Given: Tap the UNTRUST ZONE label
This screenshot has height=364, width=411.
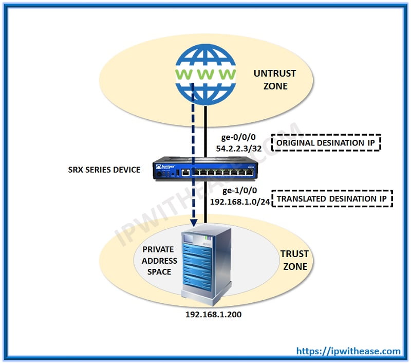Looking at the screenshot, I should click(274, 80).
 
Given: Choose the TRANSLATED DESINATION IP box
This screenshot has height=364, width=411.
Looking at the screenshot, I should click(332, 198).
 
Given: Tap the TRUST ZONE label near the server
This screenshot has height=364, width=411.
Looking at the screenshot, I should click(294, 260).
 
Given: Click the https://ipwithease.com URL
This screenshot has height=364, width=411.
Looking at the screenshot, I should click(348, 351).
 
